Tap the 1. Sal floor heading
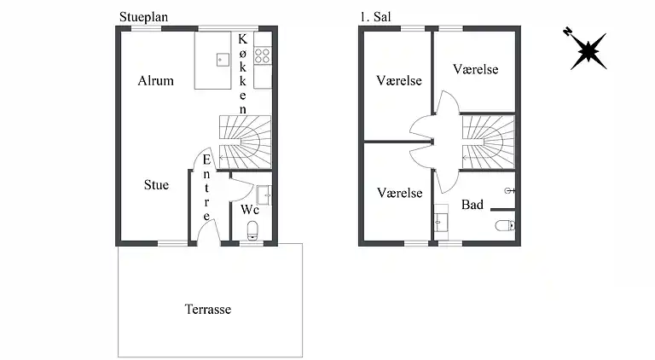377,16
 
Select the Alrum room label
155,81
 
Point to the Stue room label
155,184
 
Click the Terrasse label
207,309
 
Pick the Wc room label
249,209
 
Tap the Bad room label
472,205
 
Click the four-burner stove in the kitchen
263,55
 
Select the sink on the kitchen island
222,59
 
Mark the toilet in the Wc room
252,230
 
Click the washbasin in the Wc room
264,195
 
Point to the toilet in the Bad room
504,226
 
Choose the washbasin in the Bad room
441,222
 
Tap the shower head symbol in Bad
509,190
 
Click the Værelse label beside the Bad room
400,193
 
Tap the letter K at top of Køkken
243,39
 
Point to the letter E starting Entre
206,161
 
